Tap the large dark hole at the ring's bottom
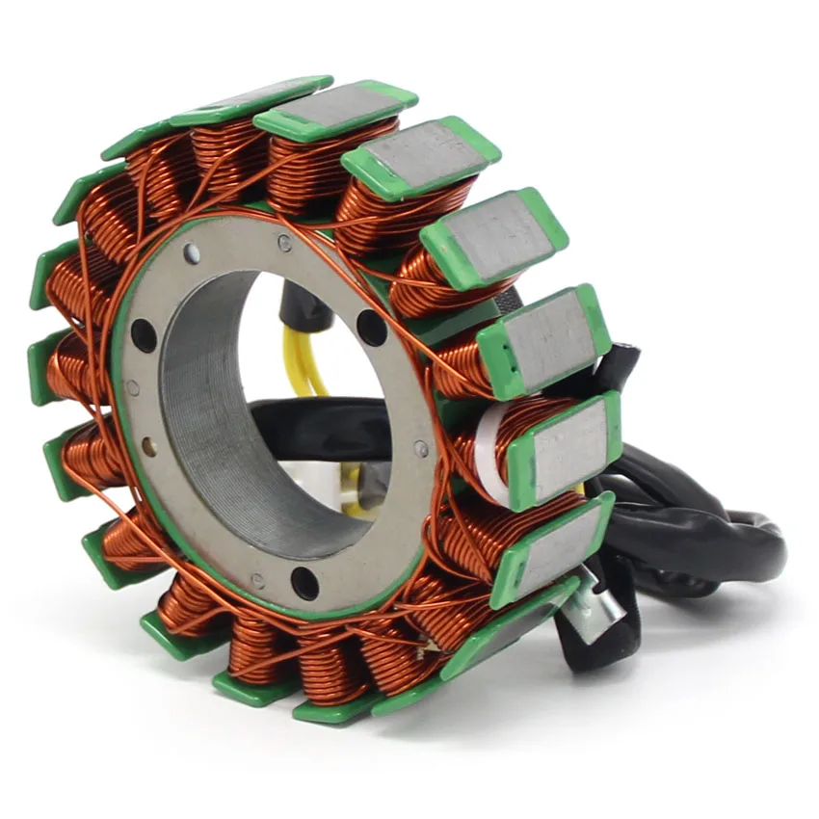coord(304,582)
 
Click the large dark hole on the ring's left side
coord(143,334)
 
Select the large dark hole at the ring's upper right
coord(372,328)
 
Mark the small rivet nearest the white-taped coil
coord(421,449)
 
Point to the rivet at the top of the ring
coord(284,244)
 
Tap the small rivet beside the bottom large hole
coord(258,580)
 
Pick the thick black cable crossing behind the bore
coord(318,424)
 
